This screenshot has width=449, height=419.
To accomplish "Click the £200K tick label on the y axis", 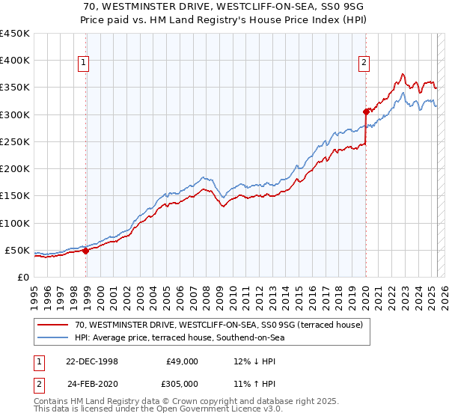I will pos(15,169).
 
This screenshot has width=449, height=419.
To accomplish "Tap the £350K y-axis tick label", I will pos(15,88).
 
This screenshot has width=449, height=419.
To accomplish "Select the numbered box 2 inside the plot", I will pos(364,64).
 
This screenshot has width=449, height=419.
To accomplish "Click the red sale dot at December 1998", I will pos(86,251).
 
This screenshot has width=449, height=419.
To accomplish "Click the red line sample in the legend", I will pos(53,325).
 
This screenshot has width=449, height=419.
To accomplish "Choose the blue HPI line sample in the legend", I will pos(53,337).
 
